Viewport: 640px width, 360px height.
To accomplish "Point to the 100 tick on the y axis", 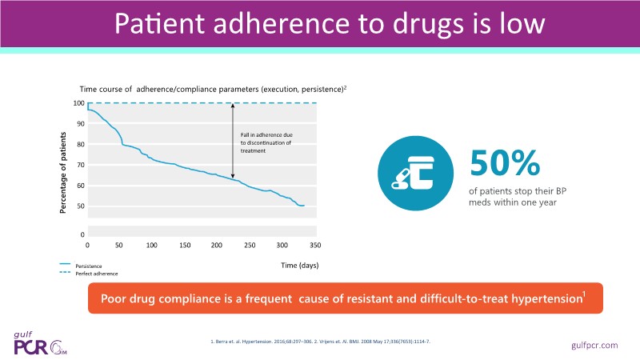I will click(79, 103).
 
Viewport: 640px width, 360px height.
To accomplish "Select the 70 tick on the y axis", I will click(79, 165).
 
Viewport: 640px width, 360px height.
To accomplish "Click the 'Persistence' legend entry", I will click(89, 265).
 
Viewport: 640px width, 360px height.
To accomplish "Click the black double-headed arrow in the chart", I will click(233, 141).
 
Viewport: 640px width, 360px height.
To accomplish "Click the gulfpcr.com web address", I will click(596, 344).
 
